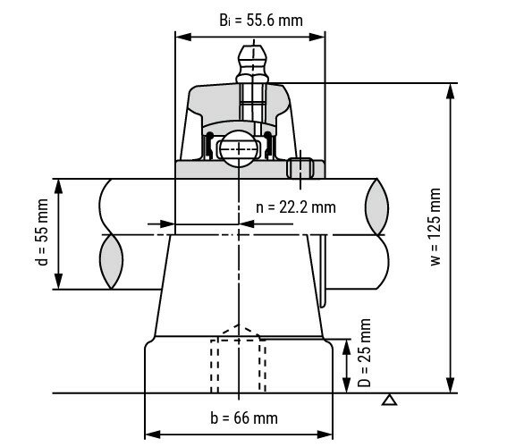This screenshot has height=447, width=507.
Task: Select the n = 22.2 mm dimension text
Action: pos(295,207)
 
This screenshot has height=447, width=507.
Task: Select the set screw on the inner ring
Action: pos(301,169)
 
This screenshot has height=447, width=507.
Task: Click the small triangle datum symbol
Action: pos(388,400)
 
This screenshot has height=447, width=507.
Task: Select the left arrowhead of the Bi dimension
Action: pos(180,38)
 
